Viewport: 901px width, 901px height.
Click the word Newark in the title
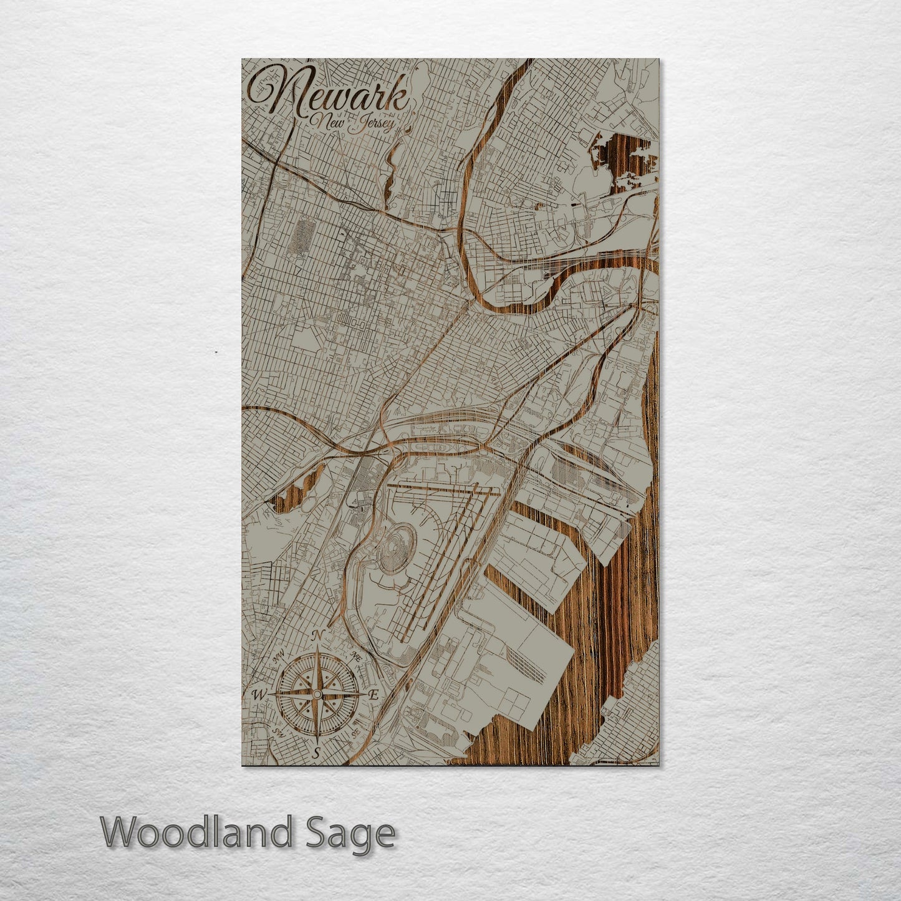click(x=330, y=94)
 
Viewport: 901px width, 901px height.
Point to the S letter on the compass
click(x=317, y=753)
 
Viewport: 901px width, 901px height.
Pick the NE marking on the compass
click(x=356, y=656)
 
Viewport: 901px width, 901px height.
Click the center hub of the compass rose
click(x=317, y=694)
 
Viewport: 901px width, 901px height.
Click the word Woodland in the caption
click(x=196, y=832)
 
